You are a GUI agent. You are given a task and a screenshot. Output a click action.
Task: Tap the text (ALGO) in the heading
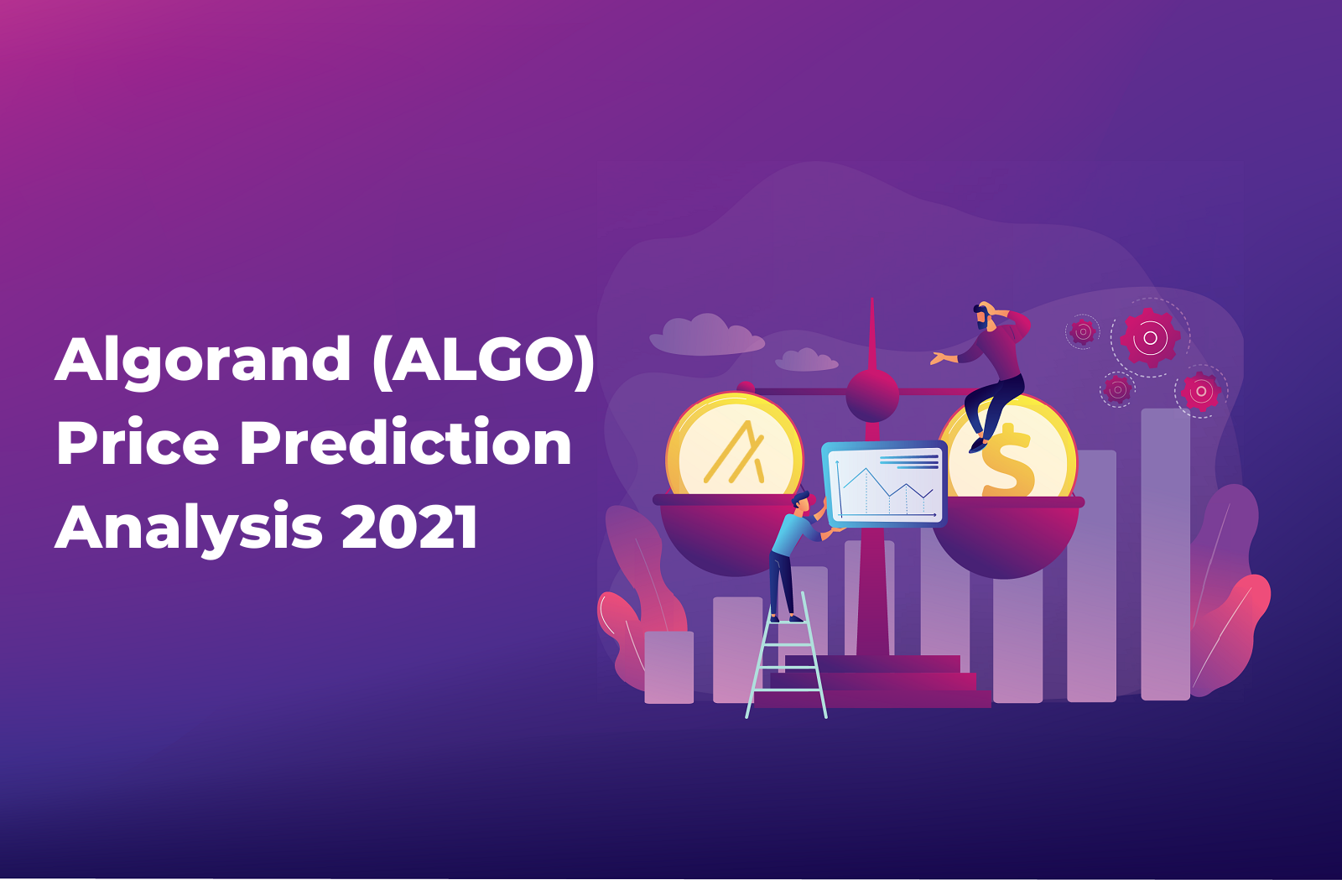point(483,358)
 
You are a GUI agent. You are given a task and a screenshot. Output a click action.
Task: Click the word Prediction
point(406,441)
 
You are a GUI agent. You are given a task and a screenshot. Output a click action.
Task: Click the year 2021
point(410,525)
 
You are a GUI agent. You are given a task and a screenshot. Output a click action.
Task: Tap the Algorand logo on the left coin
point(735,453)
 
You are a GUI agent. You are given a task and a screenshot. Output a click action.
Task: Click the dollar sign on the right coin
point(1006,461)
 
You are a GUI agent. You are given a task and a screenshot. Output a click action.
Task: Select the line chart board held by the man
point(884,483)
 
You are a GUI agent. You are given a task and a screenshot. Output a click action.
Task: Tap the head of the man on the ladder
point(800,502)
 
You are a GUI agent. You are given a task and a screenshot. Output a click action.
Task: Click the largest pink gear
point(1150,338)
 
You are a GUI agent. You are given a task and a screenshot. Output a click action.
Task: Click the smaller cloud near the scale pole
point(806,359)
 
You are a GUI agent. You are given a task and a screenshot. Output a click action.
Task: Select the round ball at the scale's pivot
point(871,395)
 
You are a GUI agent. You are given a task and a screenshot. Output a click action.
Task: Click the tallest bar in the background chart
point(1165,555)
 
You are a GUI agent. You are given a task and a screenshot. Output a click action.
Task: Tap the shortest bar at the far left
point(668,667)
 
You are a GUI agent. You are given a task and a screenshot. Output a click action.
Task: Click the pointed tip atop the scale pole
point(871,299)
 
